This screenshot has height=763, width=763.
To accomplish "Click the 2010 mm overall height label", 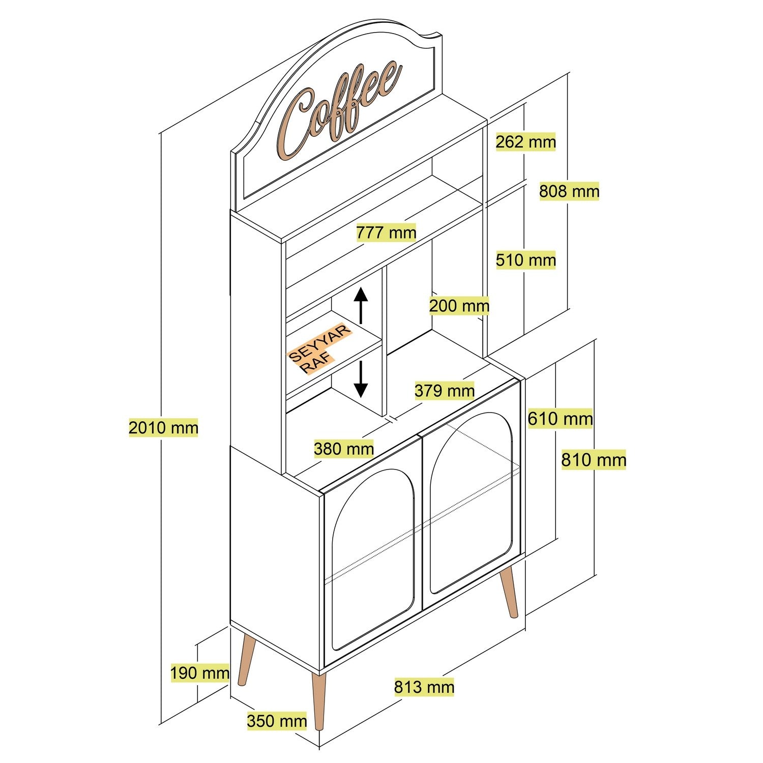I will coord(163,428).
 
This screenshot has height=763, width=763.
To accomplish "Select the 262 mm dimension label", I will coord(525,141).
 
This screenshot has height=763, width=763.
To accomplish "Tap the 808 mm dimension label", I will coord(569,191).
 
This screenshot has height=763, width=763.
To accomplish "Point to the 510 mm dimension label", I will coord(525,260).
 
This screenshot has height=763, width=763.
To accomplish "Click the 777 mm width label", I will coord(386,233).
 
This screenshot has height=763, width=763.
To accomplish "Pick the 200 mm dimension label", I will coord(459,306).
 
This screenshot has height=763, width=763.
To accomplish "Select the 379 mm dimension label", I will coord(444,391).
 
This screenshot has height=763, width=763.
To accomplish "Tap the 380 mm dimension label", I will coord(343,449).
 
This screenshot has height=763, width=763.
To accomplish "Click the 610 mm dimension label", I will coord(560,419).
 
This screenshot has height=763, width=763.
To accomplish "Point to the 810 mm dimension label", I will coord(593,460).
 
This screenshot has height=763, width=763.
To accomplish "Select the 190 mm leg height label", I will coord(199,673).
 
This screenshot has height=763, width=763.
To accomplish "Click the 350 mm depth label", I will coord(277,721).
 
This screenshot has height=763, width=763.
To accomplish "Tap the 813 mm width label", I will coord(424,687).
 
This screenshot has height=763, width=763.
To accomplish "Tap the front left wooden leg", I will coord(319,702).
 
